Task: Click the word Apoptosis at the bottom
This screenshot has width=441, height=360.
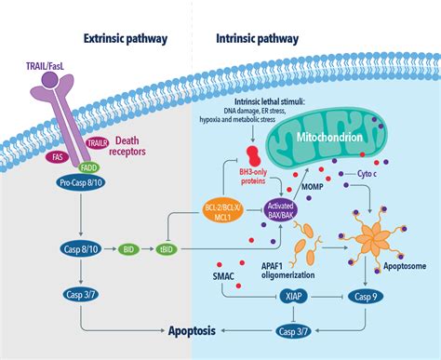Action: [x=197, y=329]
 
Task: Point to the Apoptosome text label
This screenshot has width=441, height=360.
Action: [x=402, y=263]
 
